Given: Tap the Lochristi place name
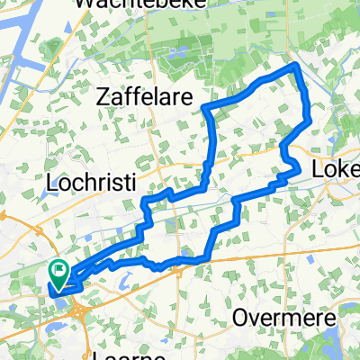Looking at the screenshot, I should point(90,183).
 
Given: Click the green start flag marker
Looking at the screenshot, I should point(59,269).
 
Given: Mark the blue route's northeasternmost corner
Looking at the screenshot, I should point(297,67).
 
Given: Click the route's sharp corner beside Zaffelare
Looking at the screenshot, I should point(207,108).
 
